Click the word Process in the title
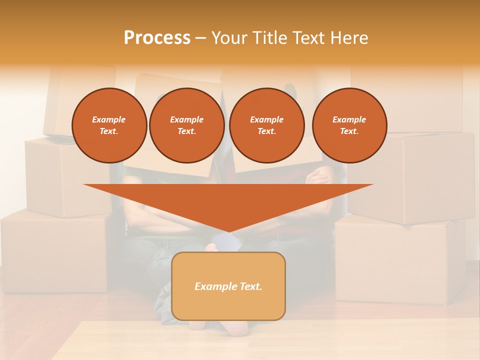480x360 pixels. coord(157,38)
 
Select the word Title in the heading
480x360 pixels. coord(269,38)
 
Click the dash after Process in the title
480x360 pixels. coord(200,38)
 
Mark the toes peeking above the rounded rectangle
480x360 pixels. coord(212,247)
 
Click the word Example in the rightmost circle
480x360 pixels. coord(349,119)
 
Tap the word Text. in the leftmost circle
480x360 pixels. coord(109,131)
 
